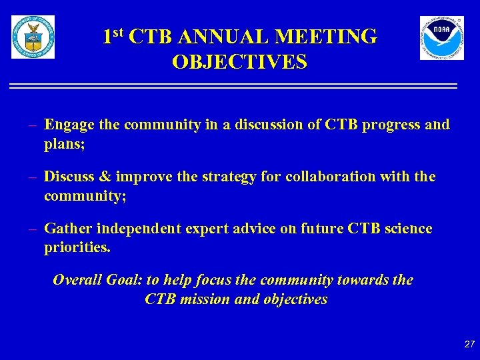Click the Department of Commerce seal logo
(x=33, y=37)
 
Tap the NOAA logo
(x=441, y=38)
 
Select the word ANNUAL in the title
(x=213, y=36)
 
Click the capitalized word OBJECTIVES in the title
(x=239, y=62)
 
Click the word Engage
(x=69, y=125)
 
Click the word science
(x=405, y=229)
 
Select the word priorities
(x=77, y=247)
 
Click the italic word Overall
(x=77, y=280)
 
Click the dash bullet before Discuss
(x=32, y=177)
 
